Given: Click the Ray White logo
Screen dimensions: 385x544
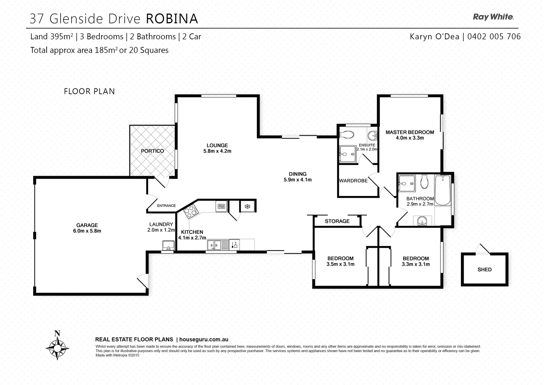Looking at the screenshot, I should point(493,17).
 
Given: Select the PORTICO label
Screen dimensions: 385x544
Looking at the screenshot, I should point(152,151).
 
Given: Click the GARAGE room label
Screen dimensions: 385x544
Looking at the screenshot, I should point(87,225).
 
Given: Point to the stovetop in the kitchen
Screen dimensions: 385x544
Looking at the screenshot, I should point(191,212).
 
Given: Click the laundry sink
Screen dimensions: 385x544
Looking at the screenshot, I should point(168,246).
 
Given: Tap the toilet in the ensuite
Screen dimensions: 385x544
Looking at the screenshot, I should point(347,135).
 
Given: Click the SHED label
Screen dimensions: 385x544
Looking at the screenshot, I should point(485,269).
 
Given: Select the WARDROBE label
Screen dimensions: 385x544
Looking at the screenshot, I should point(353,181).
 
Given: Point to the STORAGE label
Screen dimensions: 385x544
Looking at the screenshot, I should point(337,221).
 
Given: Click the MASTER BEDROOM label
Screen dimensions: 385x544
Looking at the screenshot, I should point(410,132).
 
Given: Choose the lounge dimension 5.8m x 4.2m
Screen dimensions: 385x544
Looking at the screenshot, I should point(217,151).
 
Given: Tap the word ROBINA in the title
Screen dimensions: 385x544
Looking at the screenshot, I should point(172,19).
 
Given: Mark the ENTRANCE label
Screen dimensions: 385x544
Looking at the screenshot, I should point(166,206).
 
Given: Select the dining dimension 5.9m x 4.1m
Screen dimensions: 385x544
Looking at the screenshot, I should point(298,180).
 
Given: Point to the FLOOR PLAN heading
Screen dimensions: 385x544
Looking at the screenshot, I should point(89,91).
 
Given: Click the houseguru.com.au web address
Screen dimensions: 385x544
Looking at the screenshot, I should point(204,340).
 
